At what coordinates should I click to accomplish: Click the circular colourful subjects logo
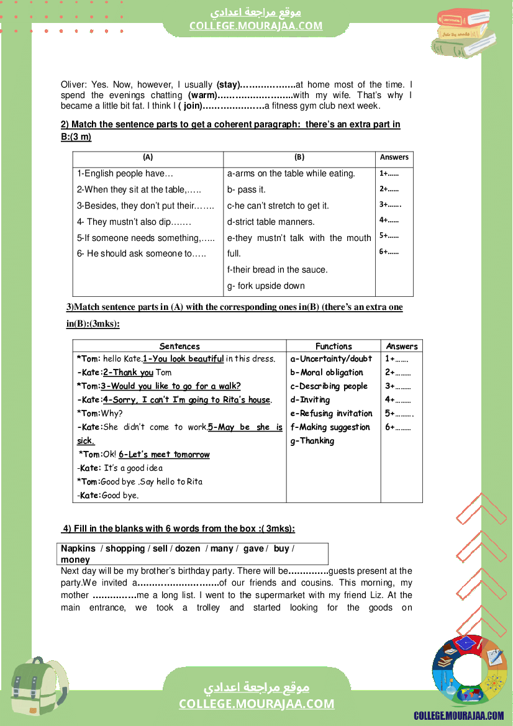pyautogui.click(x=468, y=671)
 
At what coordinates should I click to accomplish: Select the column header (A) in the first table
pyautogui.click(x=148, y=158)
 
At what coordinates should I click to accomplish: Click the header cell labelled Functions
pyautogui.click(x=334, y=347)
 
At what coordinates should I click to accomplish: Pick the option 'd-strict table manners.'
pyautogui.click(x=271, y=222)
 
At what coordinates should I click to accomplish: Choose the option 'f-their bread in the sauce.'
pyautogui.click(x=277, y=270)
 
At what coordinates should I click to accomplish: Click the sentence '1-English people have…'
pyautogui.click(x=125, y=174)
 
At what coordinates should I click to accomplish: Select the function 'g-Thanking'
pyautogui.click(x=312, y=441)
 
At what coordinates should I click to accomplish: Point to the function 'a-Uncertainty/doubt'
pyautogui.click(x=331, y=359)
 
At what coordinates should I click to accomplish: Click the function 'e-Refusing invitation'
pyautogui.click(x=331, y=414)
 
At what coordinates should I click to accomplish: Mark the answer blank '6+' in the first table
pyautogui.click(x=389, y=252)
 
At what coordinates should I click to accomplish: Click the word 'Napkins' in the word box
pyautogui.click(x=78, y=548)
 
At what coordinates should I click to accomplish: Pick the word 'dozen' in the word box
pyautogui.click(x=188, y=548)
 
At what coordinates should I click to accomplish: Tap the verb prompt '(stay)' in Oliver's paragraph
pyautogui.click(x=228, y=84)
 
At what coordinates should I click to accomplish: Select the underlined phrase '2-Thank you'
pyautogui.click(x=128, y=373)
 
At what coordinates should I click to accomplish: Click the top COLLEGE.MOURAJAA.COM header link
pyautogui.click(x=256, y=25)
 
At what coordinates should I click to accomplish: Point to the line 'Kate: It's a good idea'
pyautogui.click(x=120, y=468)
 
